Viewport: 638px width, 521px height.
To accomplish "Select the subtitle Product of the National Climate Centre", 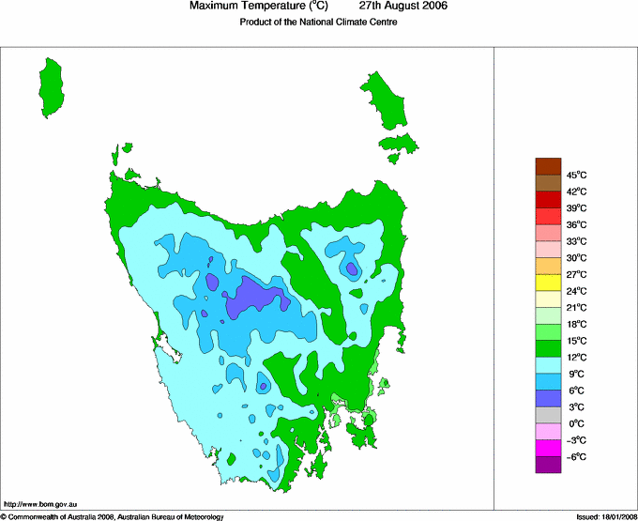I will point(318,23).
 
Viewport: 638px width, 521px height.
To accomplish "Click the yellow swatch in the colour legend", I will point(548,283).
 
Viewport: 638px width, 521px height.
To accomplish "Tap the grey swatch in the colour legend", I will point(548,415).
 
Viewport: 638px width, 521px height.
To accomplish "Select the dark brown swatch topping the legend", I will point(548,167).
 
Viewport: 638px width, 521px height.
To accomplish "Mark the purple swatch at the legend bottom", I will point(548,464).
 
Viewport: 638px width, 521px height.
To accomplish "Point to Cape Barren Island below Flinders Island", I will point(398,145).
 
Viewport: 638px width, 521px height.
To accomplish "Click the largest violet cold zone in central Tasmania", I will point(258,297).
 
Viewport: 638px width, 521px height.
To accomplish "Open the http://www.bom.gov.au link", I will point(39,504).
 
